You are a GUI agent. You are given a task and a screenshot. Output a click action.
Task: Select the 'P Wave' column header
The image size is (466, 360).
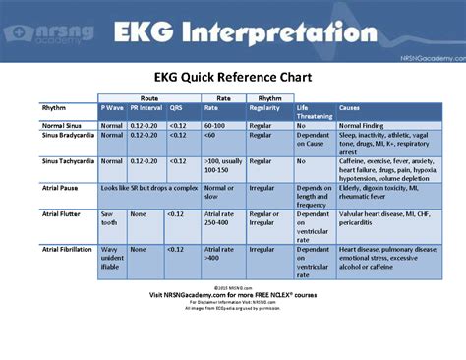(111, 107)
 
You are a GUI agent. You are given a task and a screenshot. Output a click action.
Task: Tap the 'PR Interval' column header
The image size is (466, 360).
(145, 107)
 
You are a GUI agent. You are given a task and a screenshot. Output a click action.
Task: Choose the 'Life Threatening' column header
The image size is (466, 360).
(314, 111)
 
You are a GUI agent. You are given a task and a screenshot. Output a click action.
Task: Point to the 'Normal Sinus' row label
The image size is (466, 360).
(65, 125)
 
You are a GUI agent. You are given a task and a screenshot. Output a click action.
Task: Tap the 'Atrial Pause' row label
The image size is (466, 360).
(61, 187)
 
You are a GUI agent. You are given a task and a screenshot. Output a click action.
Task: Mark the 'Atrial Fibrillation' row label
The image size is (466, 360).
(68, 250)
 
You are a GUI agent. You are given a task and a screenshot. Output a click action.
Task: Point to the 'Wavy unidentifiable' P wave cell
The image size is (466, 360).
(113, 259)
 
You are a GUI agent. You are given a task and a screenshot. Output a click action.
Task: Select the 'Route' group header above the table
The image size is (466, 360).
(149, 98)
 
